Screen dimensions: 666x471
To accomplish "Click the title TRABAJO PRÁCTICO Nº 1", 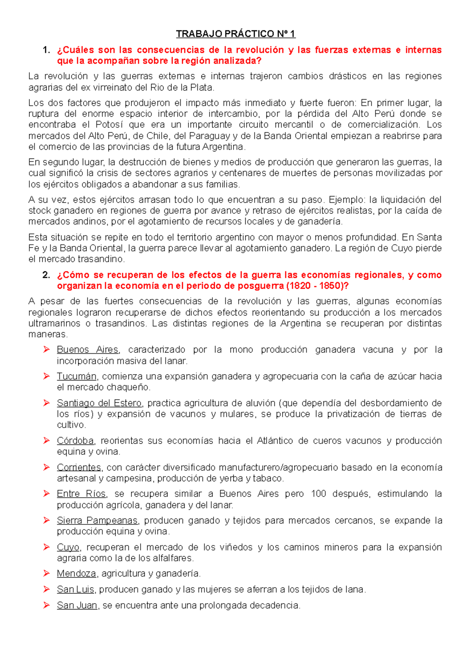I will tap(235, 34).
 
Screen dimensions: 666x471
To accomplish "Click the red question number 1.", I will tap(46, 50).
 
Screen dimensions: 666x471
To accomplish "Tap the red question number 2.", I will tap(46, 275).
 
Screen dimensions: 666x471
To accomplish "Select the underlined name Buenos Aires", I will tap(88, 349).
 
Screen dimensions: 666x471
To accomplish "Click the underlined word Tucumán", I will tap(77, 376).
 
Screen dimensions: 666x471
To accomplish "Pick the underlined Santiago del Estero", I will tap(99, 403).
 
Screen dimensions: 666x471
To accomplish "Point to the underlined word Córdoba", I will tap(75, 440).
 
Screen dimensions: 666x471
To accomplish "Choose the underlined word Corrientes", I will tap(79, 467).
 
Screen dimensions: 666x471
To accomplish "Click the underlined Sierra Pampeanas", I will tap(97, 520).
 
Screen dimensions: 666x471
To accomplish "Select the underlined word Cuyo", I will tap(68, 547).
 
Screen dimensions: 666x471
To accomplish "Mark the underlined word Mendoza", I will tap(77, 573).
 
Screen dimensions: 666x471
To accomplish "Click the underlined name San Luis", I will tap(75, 590).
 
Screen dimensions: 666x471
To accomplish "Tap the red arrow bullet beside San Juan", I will tap(46, 605).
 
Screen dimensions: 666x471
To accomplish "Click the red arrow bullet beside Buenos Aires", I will tap(46, 349).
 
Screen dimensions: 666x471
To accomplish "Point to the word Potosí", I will tap(110, 125).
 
